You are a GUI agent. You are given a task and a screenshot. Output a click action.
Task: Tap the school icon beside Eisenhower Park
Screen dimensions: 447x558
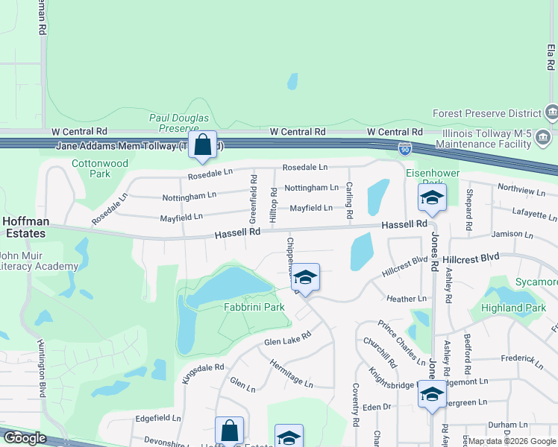click(430, 197)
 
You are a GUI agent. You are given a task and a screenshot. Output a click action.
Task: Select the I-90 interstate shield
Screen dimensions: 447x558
click(404, 149)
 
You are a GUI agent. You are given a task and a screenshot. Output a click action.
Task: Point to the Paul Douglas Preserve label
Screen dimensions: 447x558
click(174, 123)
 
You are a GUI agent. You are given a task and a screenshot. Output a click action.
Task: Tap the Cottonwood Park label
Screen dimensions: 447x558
click(100, 168)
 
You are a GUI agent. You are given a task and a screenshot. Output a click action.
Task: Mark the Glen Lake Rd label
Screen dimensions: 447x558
click(287, 340)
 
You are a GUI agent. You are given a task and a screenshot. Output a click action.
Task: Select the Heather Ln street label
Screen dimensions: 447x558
click(407, 299)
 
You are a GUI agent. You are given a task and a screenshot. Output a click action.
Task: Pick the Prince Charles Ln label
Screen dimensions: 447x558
click(401, 337)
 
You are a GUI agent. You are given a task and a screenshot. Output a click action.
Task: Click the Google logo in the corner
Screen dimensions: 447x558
click(25, 438)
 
